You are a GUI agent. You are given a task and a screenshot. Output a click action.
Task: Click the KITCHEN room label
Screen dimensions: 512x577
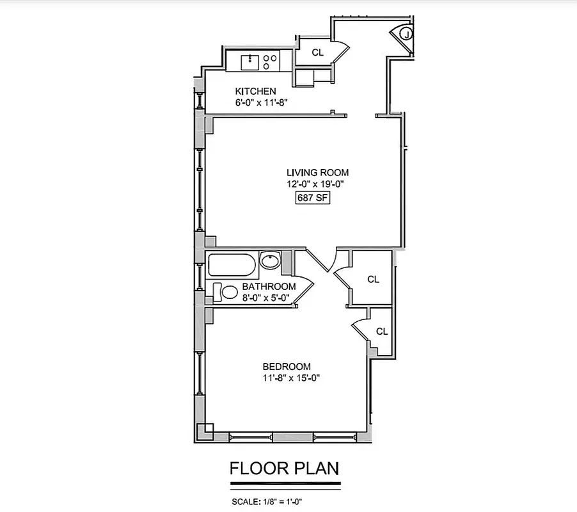coord(255,91)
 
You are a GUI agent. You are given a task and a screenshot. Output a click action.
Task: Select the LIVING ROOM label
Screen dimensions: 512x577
coord(317,172)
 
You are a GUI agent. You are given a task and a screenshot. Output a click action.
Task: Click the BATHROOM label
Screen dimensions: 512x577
coord(268,287)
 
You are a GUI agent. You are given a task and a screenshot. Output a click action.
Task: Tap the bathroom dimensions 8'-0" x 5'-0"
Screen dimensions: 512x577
coord(266,298)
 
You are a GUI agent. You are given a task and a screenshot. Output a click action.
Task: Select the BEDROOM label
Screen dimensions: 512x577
coord(287,367)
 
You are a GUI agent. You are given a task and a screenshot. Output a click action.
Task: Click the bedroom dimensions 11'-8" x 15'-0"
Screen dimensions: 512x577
coord(291,378)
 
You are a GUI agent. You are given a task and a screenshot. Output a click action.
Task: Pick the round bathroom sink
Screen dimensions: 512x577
coord(270,260)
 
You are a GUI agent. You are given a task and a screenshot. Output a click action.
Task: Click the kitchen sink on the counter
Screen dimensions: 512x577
coord(249,63)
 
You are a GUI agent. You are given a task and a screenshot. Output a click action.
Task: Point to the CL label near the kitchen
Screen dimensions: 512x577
coord(318,52)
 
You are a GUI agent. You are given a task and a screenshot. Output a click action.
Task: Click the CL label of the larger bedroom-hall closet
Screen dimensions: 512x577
coord(374,280)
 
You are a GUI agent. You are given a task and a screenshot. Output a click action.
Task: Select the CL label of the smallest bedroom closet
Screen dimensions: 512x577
coord(382,331)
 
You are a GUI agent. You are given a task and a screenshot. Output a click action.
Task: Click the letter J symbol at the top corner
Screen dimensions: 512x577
coord(407,34)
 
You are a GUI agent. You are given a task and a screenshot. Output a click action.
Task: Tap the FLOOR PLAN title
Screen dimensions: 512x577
coord(284,469)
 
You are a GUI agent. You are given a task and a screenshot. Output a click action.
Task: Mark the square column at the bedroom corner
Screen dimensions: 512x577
coord(204,431)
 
